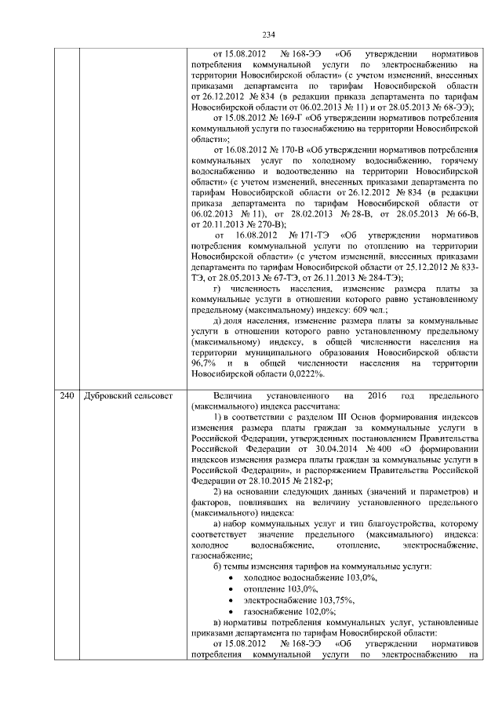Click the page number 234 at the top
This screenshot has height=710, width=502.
click(x=268, y=35)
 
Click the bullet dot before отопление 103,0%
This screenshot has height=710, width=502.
click(x=228, y=588)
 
